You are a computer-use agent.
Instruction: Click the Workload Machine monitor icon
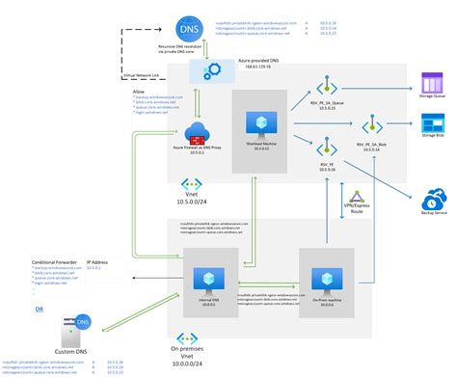(258, 122)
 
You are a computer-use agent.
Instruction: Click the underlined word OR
(39, 310)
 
